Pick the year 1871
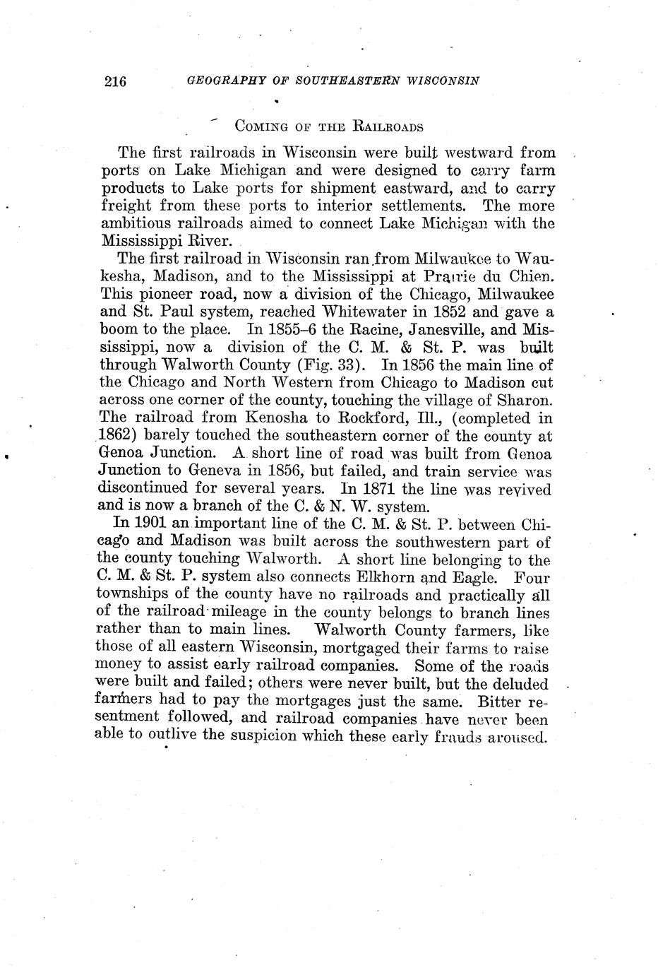coord(378,488)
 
